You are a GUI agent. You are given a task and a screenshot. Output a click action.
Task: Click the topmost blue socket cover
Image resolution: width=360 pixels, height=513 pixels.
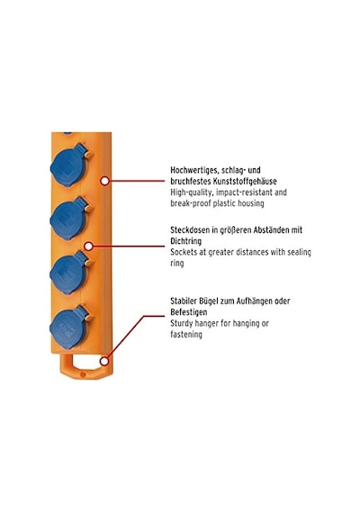[x=69, y=166]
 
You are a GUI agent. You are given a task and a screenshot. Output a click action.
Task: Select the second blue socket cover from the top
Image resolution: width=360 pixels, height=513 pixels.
[x=69, y=219]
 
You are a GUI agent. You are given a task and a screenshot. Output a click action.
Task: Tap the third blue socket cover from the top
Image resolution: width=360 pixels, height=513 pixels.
[x=69, y=273]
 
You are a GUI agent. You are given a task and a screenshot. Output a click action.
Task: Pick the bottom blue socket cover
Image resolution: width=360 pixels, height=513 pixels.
[x=69, y=328]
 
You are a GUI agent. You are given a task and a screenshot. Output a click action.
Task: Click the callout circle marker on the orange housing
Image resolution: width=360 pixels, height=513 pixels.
[x=104, y=181]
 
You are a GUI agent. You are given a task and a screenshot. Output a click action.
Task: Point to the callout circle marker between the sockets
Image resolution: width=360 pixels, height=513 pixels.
[x=88, y=246]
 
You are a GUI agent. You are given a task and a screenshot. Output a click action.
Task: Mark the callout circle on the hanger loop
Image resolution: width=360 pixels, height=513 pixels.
[x=104, y=361]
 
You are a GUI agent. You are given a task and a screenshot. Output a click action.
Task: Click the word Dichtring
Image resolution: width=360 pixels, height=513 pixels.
[x=186, y=241]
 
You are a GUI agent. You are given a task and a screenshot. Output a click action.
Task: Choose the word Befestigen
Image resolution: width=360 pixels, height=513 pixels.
[x=188, y=312]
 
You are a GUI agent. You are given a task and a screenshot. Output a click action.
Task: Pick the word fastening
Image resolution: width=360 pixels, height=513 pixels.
[x=186, y=335]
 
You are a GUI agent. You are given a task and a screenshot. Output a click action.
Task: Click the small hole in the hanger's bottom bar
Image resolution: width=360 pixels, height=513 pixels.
[x=83, y=373]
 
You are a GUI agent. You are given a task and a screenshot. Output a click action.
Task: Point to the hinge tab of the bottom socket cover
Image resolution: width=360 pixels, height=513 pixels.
[x=88, y=318]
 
